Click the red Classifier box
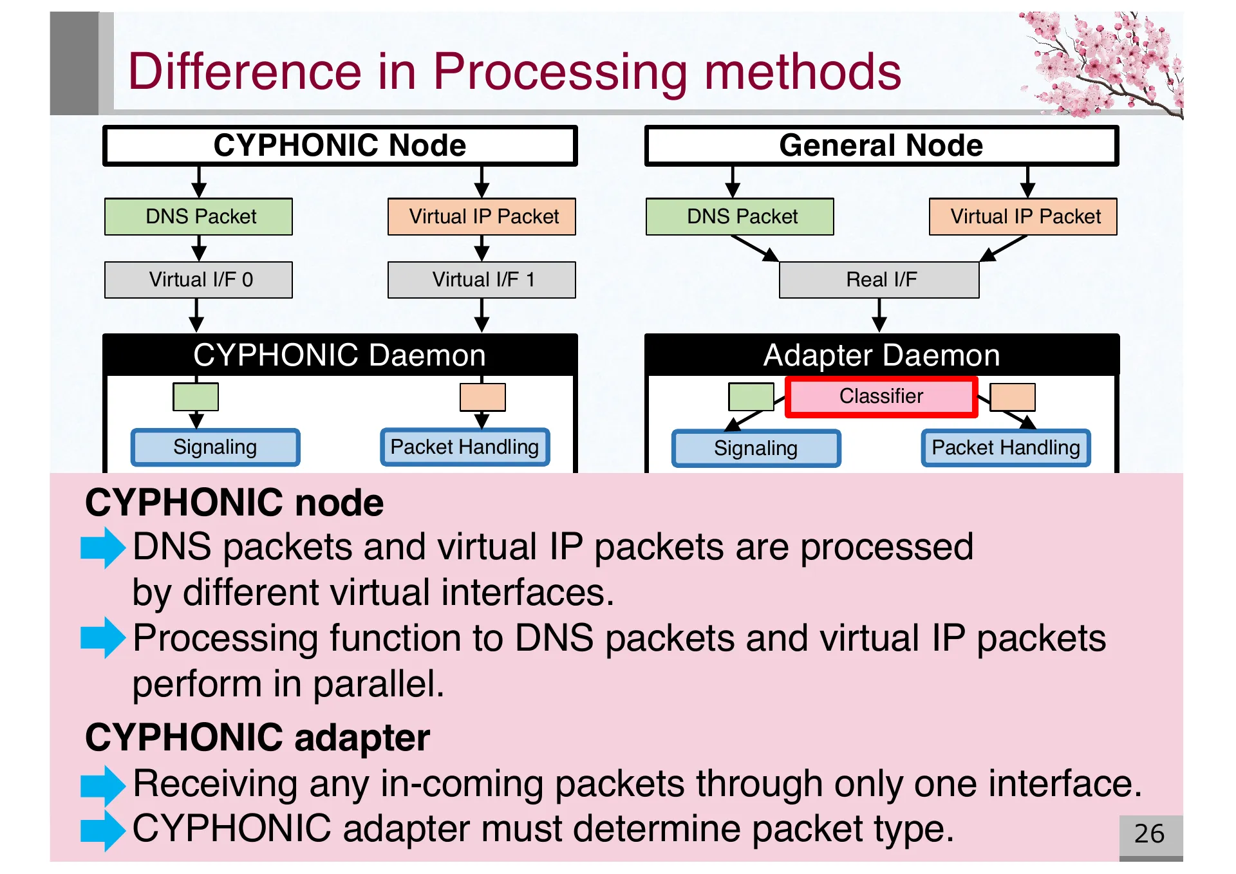pos(881,396)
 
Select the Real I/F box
pos(879,280)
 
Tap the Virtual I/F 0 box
pos(198,280)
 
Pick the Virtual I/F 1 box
pos(482,280)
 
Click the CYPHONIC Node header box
pos(339,145)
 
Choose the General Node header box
pos(881,145)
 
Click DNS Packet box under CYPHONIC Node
pos(198,217)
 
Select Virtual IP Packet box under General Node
pos(1023,217)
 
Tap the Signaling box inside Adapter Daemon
pos(756,448)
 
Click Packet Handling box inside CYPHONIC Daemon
pos(465,447)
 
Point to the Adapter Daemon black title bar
pos(881,355)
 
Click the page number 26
pos(1149,834)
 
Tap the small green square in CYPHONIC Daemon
pos(196,396)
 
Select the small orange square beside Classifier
pos(1013,397)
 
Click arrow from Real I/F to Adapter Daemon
pos(879,316)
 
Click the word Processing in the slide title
pos(559,71)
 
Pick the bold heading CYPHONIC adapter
pos(257,738)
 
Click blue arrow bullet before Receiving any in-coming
pos(102,785)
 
